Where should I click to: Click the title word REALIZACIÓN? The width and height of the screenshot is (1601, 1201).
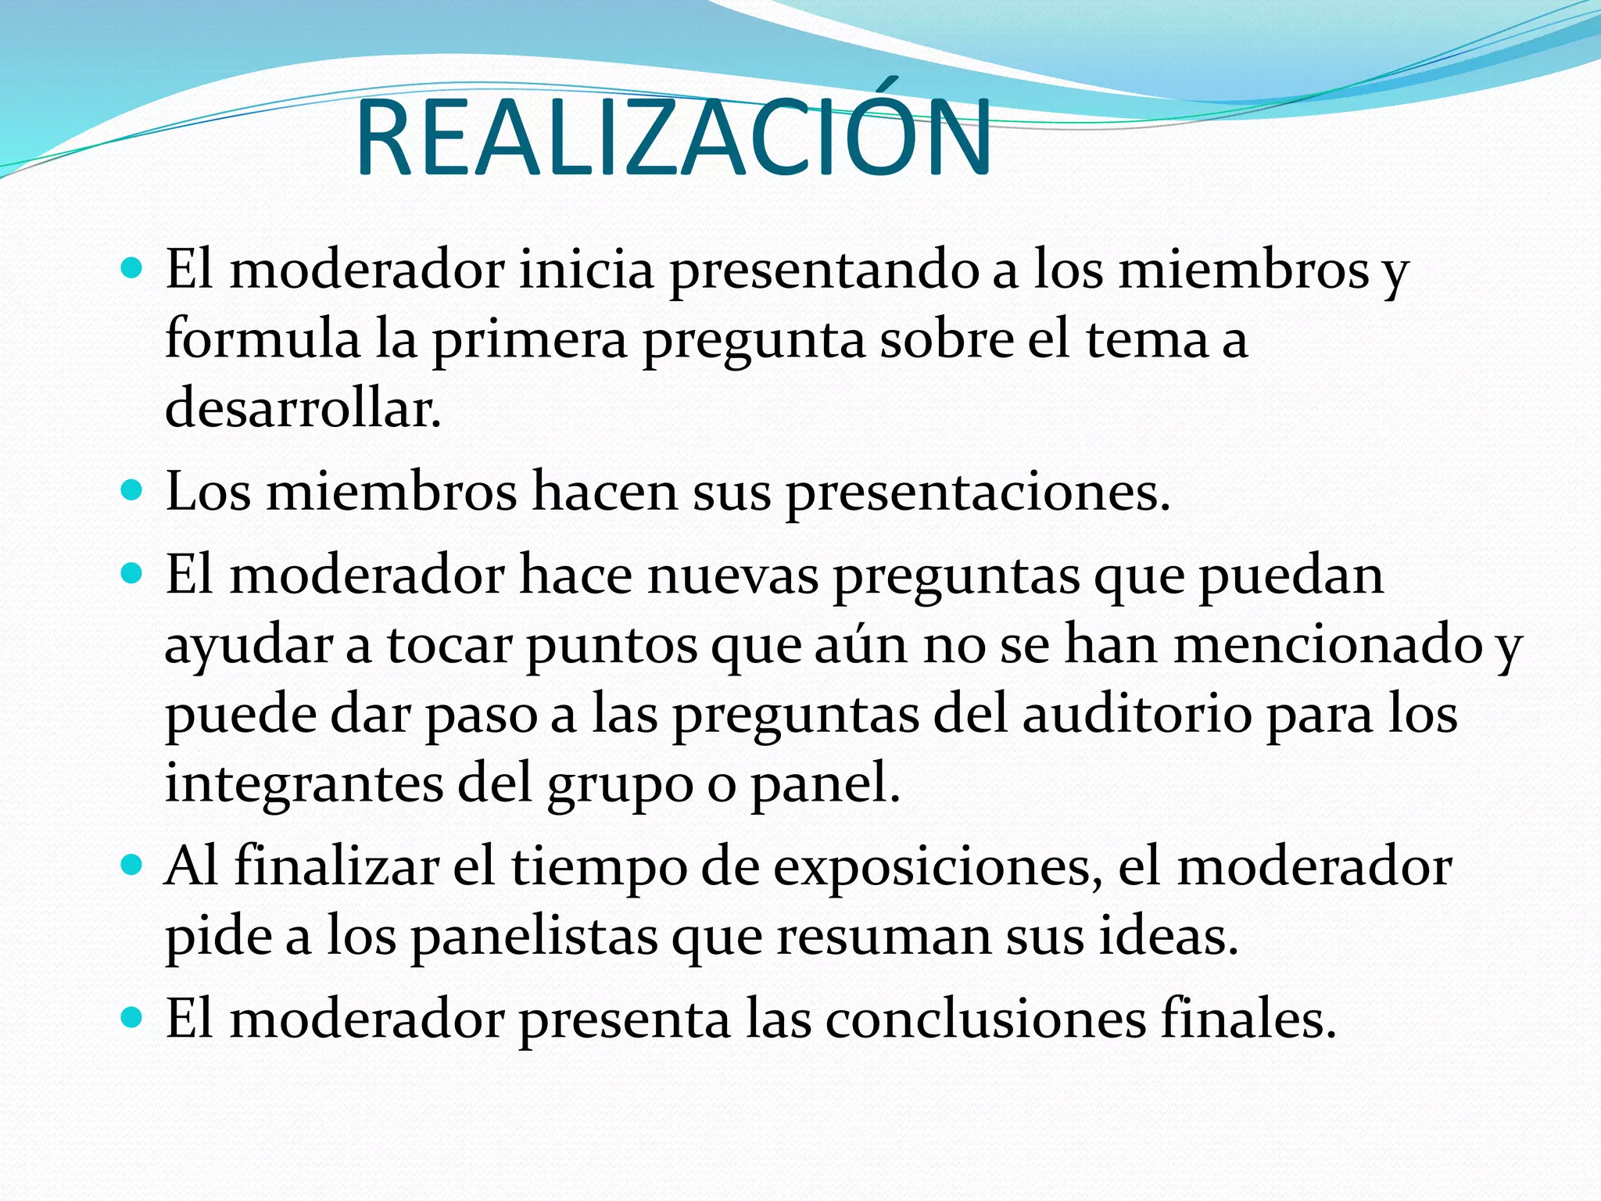point(672,139)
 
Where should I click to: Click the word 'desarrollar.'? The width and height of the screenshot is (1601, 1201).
point(303,408)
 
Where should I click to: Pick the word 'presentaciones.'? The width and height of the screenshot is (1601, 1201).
point(977,493)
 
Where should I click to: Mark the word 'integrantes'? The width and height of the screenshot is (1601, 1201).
point(304,784)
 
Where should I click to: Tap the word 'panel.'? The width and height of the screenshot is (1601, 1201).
point(826,784)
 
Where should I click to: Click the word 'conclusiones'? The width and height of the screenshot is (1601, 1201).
point(985,1019)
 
